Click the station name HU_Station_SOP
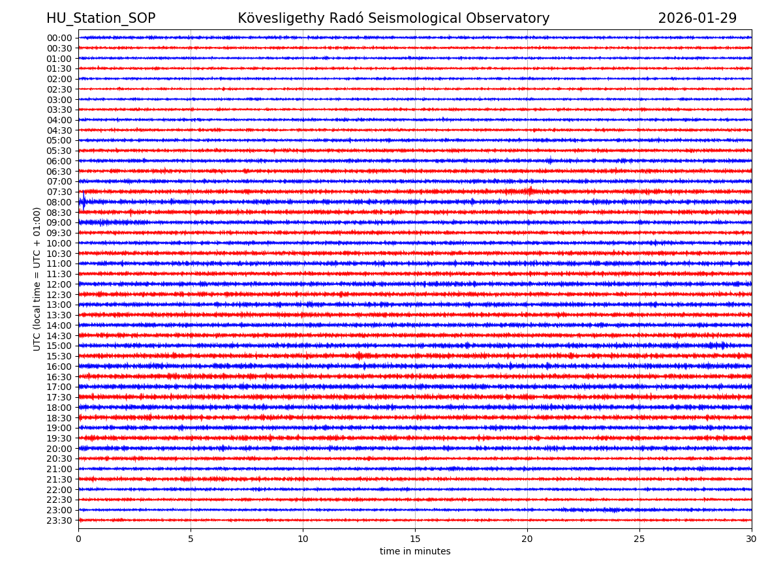click(x=100, y=18)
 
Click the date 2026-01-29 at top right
click(x=697, y=18)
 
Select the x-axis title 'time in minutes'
click(x=415, y=552)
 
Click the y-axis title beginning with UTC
click(x=37, y=278)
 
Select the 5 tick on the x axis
click(x=191, y=539)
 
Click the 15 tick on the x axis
click(x=415, y=539)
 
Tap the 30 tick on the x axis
click(x=752, y=539)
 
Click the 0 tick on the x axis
click(x=78, y=539)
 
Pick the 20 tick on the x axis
click(x=527, y=539)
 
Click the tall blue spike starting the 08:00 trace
click(x=84, y=200)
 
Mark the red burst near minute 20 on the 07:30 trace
click(x=529, y=191)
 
